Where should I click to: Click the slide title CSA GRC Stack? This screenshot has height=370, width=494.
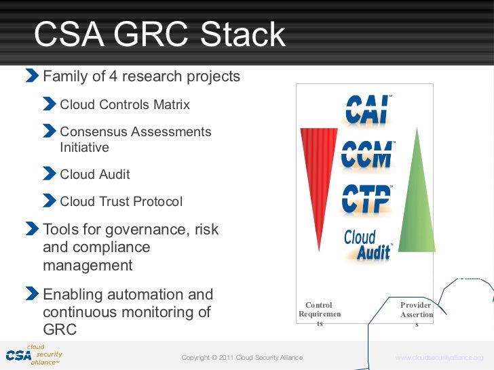160,35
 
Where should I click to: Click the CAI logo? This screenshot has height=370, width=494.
367,110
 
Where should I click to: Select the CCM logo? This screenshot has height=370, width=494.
367,156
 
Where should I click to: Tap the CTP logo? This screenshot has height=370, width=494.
366,199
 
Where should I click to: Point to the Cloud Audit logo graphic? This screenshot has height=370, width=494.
368,245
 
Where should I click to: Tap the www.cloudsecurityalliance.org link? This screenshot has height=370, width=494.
439,358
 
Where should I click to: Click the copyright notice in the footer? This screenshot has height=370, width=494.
242,358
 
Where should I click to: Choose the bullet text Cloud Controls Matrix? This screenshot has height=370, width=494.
125,105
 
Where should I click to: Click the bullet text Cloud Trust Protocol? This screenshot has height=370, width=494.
121,202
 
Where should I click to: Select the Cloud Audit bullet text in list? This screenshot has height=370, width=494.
95,174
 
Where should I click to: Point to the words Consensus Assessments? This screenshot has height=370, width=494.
136,132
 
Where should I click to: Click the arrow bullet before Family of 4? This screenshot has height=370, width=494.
33,76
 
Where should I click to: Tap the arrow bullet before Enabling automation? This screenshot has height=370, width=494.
33,295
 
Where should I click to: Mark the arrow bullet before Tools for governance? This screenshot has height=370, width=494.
33,229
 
